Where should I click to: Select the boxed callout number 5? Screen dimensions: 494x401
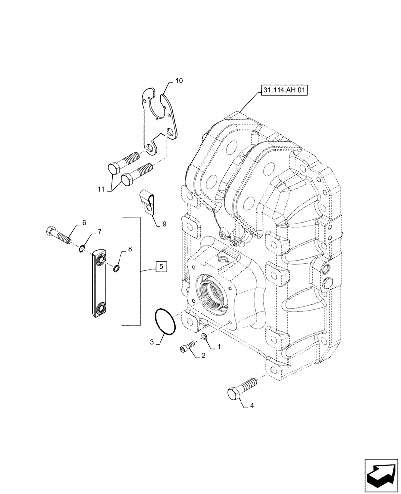(160, 268)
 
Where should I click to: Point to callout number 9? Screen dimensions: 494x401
(164, 224)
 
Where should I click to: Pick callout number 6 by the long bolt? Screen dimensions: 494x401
(84, 223)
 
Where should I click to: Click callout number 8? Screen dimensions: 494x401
(130, 250)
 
